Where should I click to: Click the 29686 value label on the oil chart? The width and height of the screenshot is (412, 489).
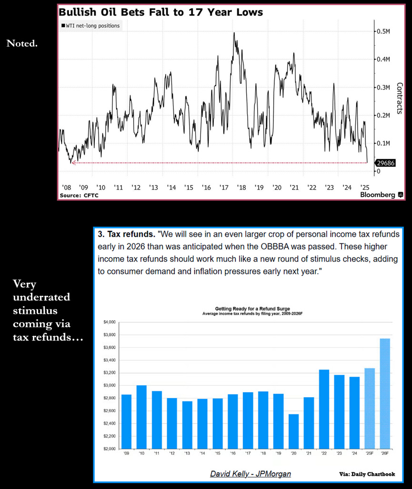(x=386, y=163)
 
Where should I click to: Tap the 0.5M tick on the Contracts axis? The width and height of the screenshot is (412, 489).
(x=383, y=31)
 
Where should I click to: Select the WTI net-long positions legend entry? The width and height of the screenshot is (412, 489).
(x=90, y=26)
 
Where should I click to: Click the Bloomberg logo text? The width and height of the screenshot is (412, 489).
(x=378, y=195)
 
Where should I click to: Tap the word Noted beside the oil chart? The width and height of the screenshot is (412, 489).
(x=22, y=43)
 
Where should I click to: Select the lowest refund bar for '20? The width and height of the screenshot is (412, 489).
(x=294, y=431)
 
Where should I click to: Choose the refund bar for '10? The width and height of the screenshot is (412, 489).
(x=142, y=417)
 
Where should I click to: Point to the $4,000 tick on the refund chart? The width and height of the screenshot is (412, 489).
(x=109, y=322)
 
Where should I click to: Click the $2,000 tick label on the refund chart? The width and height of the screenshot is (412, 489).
(x=109, y=449)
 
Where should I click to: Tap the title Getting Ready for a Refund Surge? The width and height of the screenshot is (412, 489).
(x=253, y=309)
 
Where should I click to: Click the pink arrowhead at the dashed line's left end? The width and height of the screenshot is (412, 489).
(x=73, y=163)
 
